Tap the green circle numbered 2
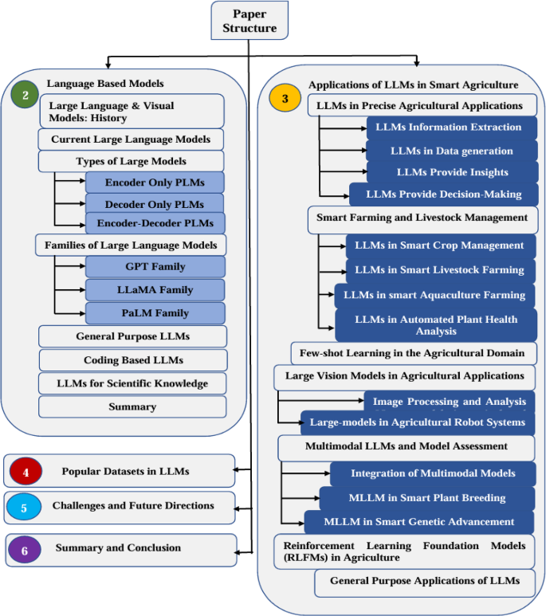26,95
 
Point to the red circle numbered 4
26,471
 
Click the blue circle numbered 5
24,506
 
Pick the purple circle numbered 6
25,548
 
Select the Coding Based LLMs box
133,359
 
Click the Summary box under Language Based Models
133,406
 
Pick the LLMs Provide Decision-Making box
443,194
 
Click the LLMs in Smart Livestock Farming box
439,270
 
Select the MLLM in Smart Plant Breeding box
427,498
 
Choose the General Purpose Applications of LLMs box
424,581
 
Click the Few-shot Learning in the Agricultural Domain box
412,352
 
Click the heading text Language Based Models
105,83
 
